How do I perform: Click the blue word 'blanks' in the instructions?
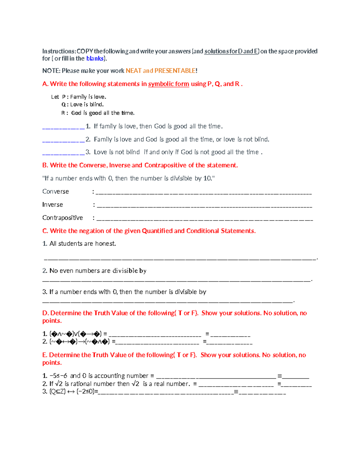(x=95, y=59)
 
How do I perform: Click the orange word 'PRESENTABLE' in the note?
(x=175, y=71)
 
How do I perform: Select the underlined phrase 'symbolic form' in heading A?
(x=169, y=84)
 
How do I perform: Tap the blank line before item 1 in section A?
(x=63, y=128)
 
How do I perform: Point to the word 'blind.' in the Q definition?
(x=97, y=105)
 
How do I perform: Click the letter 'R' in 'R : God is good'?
(x=63, y=113)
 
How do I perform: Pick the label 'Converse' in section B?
(x=55, y=191)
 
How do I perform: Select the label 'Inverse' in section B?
(x=52, y=205)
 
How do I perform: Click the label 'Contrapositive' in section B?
(x=62, y=218)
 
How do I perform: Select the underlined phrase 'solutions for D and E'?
(x=231, y=51)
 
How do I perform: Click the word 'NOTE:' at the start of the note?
(x=51, y=71)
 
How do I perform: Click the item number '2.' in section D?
(x=45, y=341)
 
